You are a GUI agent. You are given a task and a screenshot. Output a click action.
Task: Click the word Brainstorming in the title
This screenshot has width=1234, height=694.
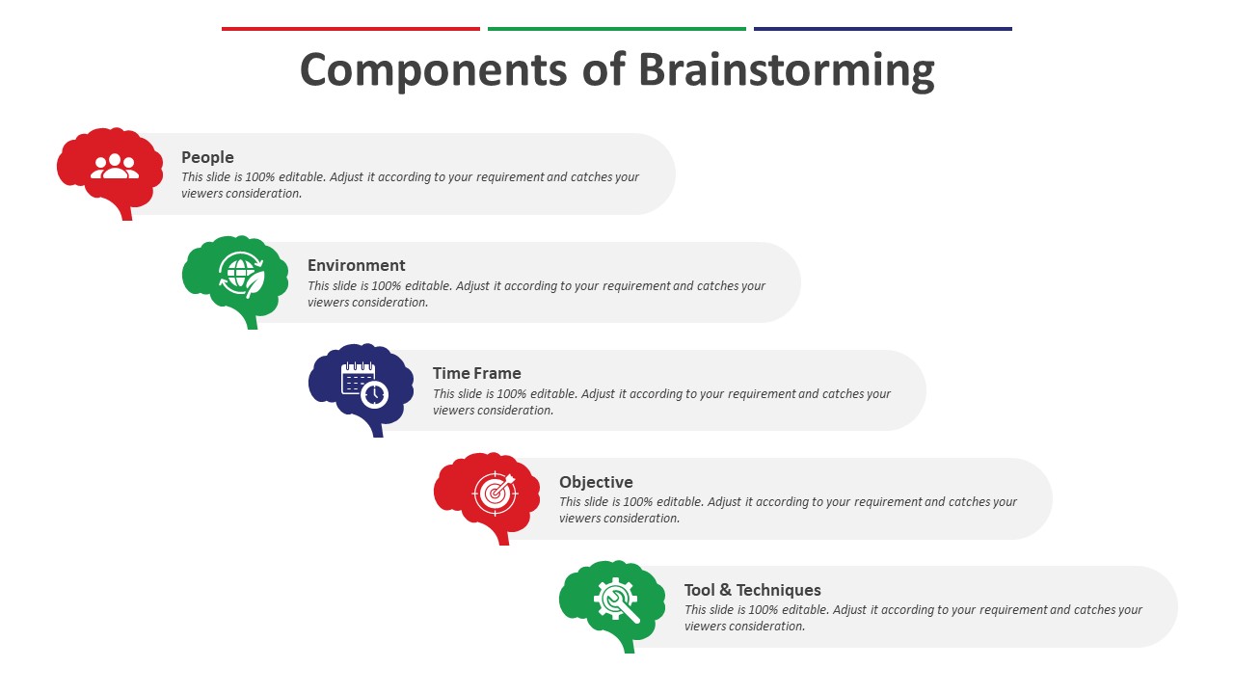point(786,71)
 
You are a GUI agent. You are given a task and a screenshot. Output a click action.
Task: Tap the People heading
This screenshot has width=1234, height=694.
point(207,157)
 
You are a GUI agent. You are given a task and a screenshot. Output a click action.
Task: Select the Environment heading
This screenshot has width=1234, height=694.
point(356,265)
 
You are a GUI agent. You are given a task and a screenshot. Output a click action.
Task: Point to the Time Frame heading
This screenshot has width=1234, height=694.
point(476,373)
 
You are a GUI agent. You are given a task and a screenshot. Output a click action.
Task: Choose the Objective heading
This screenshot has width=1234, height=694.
point(596,482)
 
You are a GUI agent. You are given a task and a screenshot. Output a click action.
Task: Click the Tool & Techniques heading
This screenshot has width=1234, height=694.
point(752,590)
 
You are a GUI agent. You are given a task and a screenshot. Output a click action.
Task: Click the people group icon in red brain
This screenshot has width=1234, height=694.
point(115,167)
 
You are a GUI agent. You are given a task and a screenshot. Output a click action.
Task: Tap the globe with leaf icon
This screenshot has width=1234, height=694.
point(240,274)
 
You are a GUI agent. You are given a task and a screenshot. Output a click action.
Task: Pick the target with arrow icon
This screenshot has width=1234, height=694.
point(496,492)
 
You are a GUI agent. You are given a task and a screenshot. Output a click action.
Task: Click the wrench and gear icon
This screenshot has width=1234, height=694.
point(617,600)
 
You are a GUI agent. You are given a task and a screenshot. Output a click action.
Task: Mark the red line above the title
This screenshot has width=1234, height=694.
point(350,29)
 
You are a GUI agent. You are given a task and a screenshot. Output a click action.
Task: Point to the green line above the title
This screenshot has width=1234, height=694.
point(616,29)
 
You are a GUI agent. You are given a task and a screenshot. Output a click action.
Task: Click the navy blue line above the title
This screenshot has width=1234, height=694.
point(882,29)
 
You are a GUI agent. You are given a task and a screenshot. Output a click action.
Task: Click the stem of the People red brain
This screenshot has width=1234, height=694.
point(125,212)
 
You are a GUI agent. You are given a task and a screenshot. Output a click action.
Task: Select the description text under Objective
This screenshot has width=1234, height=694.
point(788,510)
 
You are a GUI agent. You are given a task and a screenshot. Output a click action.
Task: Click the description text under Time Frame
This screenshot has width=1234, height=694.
point(661,402)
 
